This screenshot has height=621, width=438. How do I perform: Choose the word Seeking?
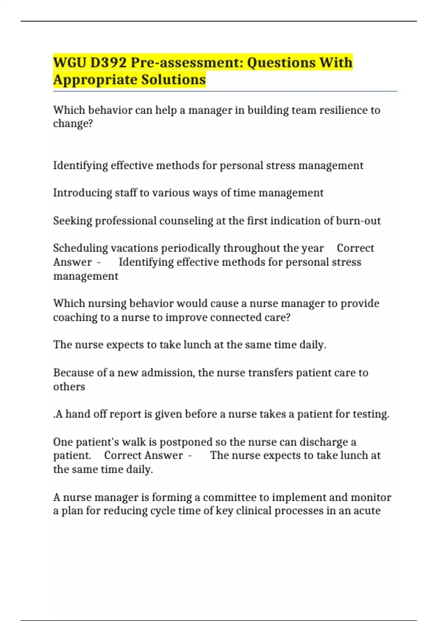click(x=72, y=221)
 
